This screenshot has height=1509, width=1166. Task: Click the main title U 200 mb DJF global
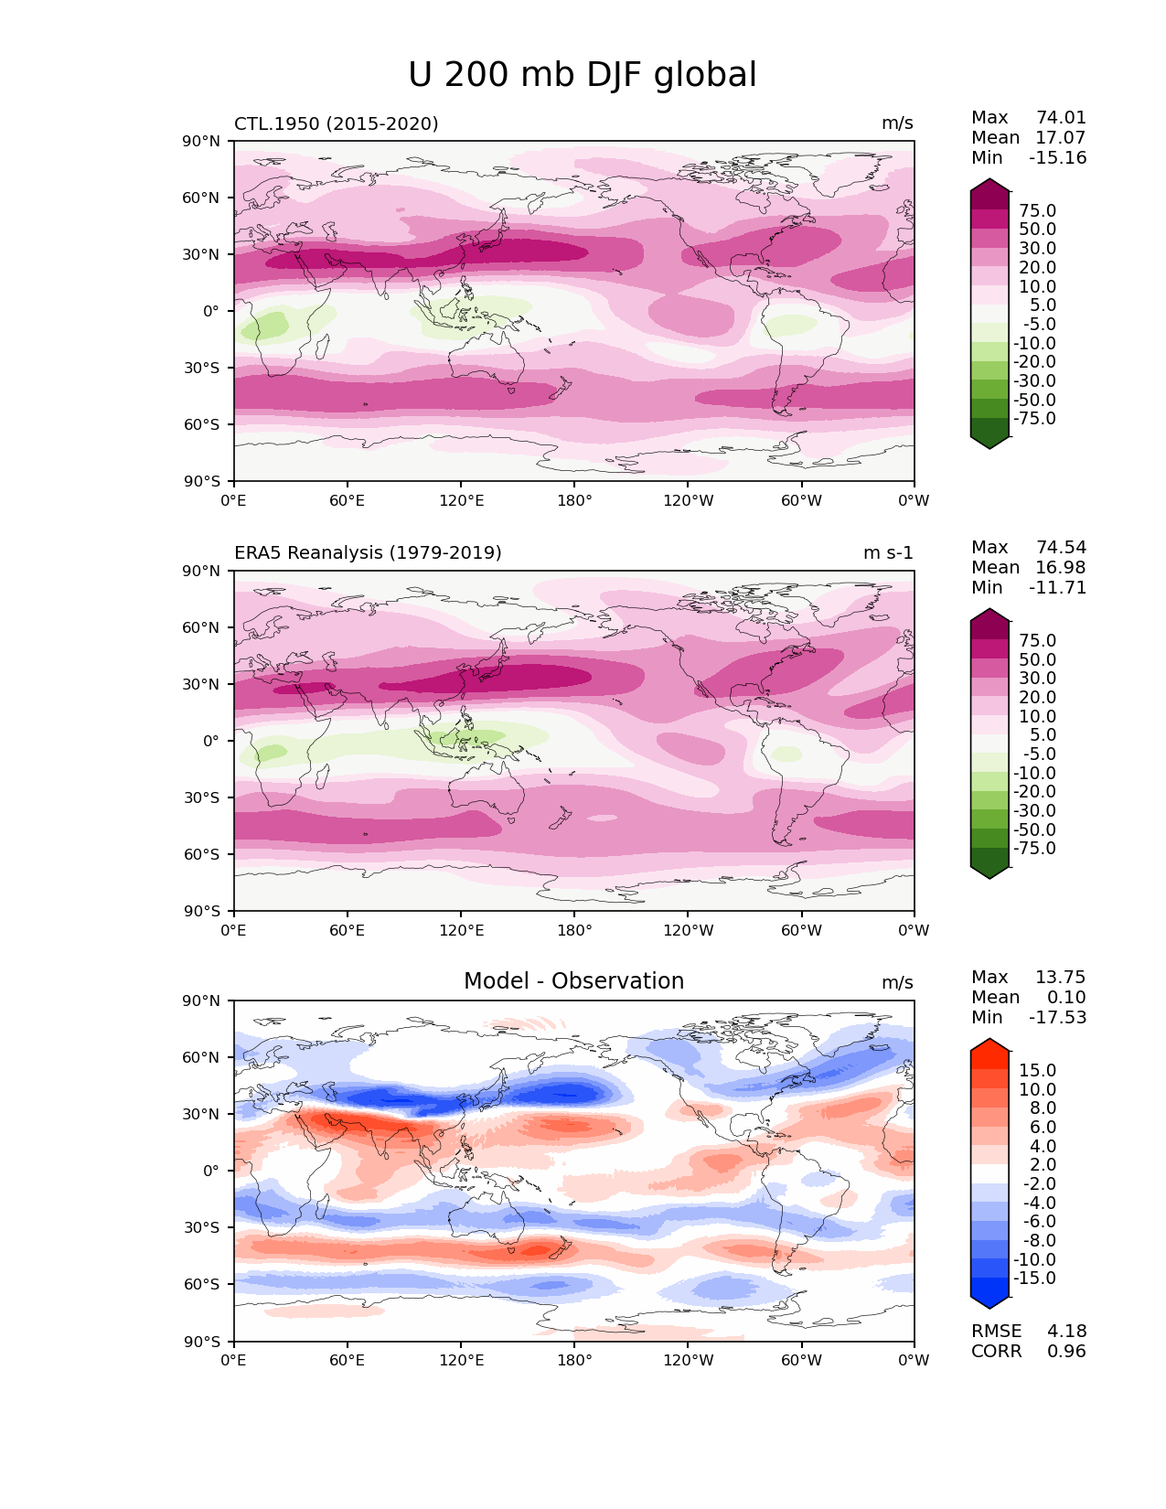tap(583, 75)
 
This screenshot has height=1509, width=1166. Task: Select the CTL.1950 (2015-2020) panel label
tap(337, 123)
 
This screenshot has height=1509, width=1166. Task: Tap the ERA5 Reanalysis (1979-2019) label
tap(368, 552)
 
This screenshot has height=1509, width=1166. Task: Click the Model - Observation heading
tap(573, 981)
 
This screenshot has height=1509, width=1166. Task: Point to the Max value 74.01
tap(1061, 117)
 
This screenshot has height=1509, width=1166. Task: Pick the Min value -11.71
tap(1057, 587)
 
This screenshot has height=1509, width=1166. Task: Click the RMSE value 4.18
tap(1066, 1331)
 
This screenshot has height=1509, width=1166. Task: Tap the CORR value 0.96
tap(1066, 1351)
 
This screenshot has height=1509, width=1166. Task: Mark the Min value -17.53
tap(1057, 1017)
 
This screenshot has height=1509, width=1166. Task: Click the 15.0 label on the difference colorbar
tap(1038, 1070)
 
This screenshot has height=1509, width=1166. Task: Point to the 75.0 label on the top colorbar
tap(1038, 210)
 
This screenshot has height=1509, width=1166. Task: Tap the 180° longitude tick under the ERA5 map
tap(574, 930)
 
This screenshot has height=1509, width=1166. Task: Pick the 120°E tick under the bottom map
tap(461, 1360)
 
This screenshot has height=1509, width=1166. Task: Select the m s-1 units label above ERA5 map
tap(888, 552)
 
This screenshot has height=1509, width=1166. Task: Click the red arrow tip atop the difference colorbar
tap(989, 1043)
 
